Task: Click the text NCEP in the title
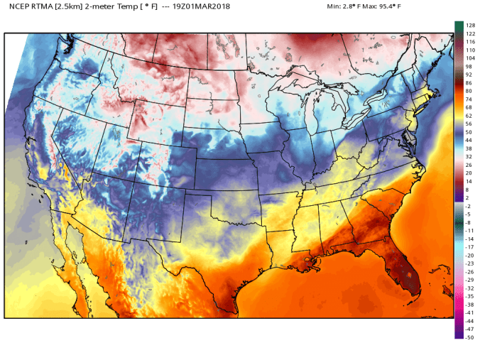(x=18, y=6)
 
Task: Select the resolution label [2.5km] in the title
(x=73, y=6)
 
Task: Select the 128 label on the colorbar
(x=470, y=26)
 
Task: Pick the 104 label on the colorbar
(x=470, y=58)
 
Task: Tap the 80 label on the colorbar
(x=469, y=91)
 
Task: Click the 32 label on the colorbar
(x=469, y=156)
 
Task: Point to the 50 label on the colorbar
(x=469, y=131)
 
